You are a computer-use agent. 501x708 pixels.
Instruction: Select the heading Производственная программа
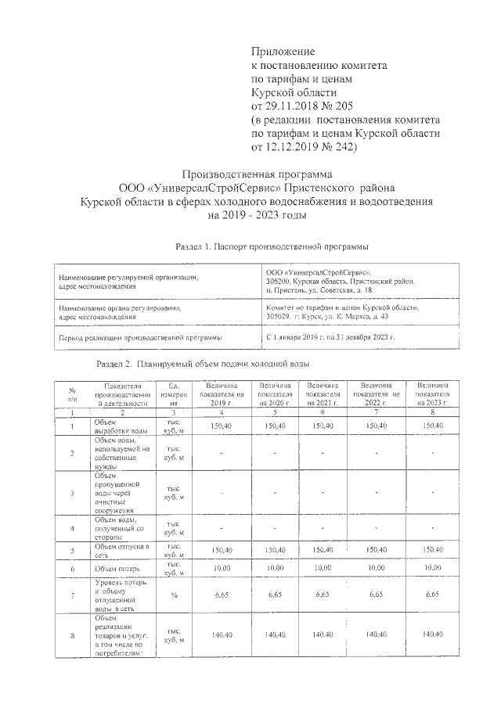click(x=258, y=173)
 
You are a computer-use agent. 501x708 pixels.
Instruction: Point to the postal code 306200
click(x=279, y=281)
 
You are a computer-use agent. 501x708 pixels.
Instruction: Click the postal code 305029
click(x=279, y=318)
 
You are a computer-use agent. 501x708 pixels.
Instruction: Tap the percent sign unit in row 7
click(x=173, y=596)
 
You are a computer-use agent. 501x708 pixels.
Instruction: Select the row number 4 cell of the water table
click(x=72, y=528)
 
